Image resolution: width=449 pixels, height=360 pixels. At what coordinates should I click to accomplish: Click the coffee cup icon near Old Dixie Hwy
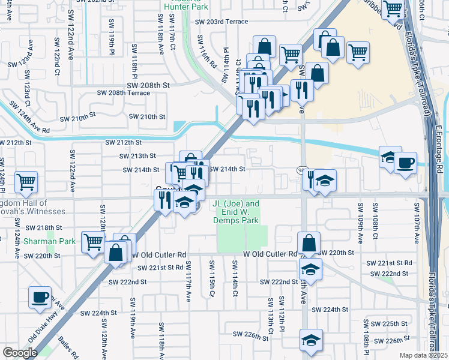(40, 297)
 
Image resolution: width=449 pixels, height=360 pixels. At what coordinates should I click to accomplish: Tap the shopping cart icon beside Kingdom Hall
(26, 181)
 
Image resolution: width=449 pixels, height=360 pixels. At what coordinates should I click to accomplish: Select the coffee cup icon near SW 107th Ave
(405, 163)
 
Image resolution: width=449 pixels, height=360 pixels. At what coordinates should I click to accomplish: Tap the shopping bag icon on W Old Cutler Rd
(309, 244)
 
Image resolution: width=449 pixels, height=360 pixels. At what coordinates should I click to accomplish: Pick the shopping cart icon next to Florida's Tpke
(393, 10)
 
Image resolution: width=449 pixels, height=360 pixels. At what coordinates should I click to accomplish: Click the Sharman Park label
(50, 241)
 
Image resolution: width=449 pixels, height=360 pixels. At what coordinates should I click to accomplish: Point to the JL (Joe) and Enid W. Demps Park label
(237, 212)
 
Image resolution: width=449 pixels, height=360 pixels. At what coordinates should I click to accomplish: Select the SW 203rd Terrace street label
(221, 21)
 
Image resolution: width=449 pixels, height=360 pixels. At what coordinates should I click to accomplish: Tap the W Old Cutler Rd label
(270, 254)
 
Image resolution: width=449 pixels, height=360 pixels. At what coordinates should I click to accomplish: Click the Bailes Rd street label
(68, 347)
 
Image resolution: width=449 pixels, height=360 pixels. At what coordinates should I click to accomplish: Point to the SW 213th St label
(139, 156)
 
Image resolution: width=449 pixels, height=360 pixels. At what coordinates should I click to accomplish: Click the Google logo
(19, 353)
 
